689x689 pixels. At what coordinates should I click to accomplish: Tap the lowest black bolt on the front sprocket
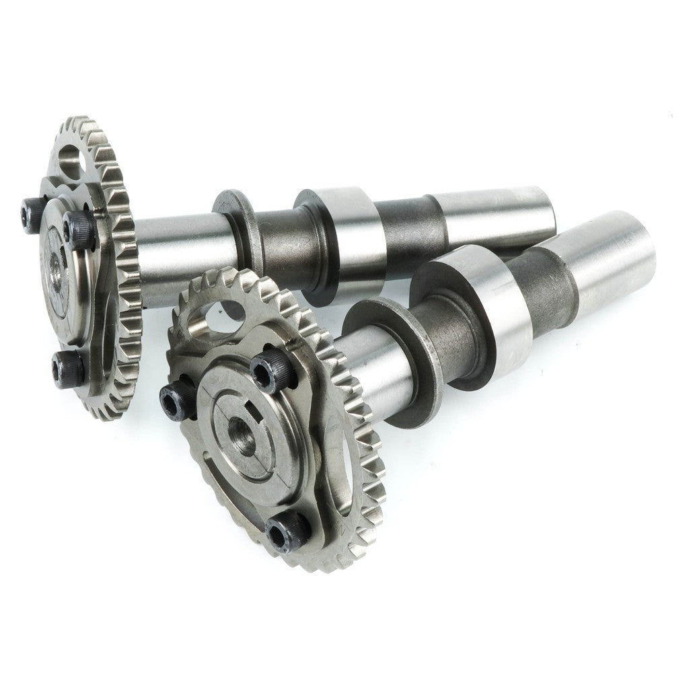tap(287, 532)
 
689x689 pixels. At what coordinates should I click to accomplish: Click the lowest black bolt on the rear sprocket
tap(69, 367)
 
